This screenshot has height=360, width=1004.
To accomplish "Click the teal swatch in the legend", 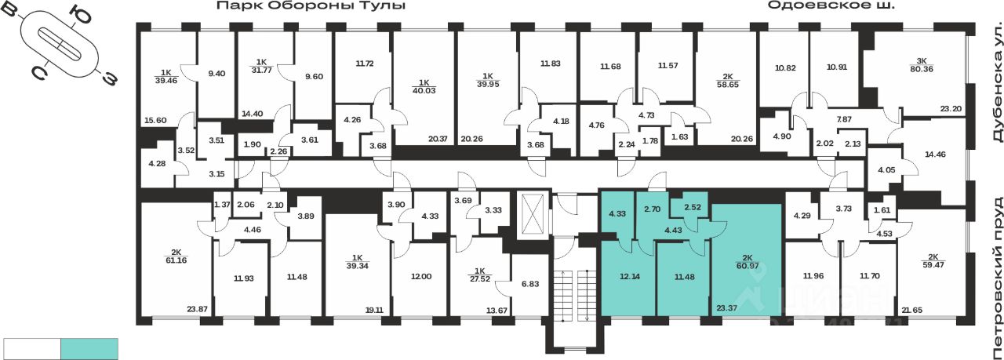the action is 89,347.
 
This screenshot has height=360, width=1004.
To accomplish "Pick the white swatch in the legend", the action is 32,347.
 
